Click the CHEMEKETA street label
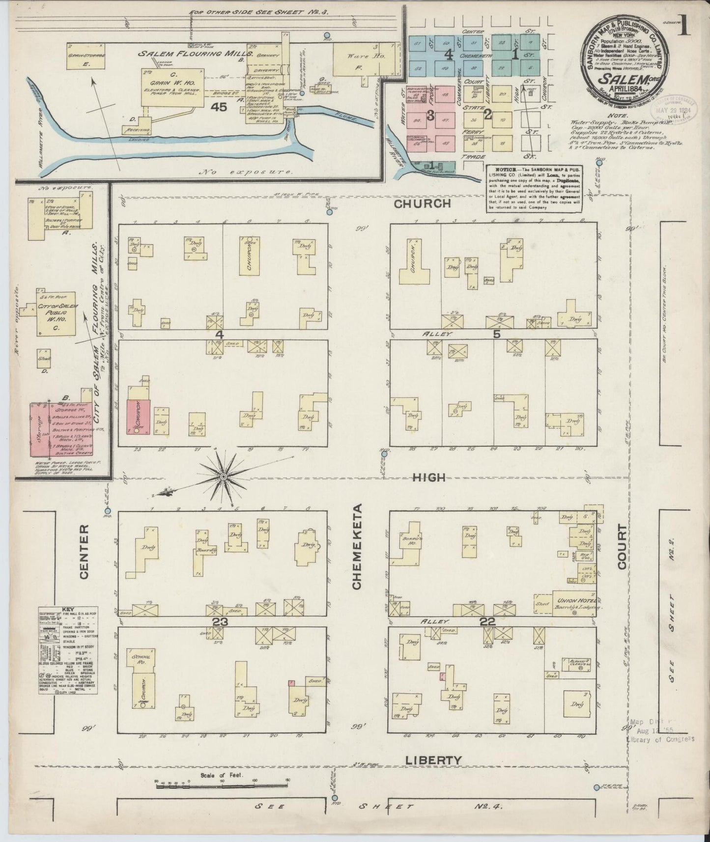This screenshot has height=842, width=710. tap(357, 546)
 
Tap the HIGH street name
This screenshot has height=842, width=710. tap(428, 477)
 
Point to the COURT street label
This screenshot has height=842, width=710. tap(623, 546)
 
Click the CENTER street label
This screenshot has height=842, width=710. tap(84, 551)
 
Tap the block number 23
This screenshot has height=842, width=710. tap(220, 621)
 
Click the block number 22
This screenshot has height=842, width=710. tap(487, 621)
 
